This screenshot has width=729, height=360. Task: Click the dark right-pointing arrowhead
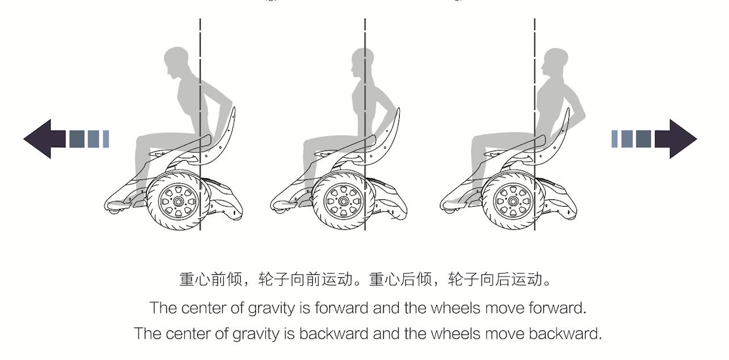(x=679, y=139)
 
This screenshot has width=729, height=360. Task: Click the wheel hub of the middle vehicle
(x=343, y=201)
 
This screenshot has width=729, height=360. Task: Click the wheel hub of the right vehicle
(x=513, y=201)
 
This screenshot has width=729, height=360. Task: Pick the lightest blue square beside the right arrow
(x=614, y=139)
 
